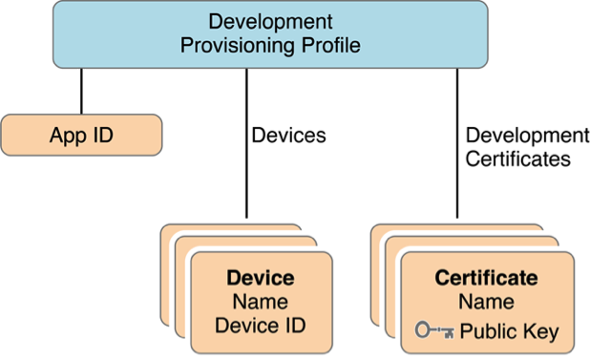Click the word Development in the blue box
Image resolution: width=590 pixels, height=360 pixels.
click(x=270, y=21)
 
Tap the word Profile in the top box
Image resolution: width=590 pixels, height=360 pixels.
click(x=328, y=45)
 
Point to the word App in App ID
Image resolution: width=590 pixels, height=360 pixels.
click(x=66, y=135)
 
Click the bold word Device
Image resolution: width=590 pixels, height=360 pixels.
click(x=260, y=279)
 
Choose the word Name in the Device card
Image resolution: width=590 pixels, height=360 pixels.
click(x=260, y=302)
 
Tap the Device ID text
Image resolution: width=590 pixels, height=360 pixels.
click(x=260, y=326)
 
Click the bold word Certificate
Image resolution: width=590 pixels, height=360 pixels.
click(x=486, y=279)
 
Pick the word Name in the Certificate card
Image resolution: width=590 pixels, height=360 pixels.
click(x=486, y=302)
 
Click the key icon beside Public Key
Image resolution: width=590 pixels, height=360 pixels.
click(x=435, y=331)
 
